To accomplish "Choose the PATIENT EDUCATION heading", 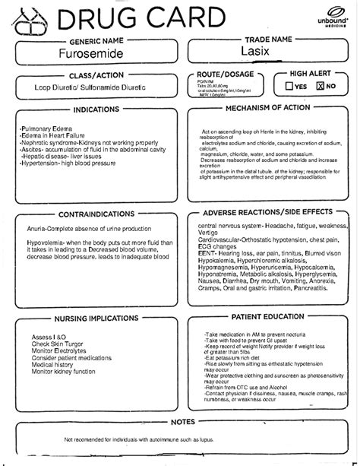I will click(272, 294).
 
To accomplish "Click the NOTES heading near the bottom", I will click(181, 420).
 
